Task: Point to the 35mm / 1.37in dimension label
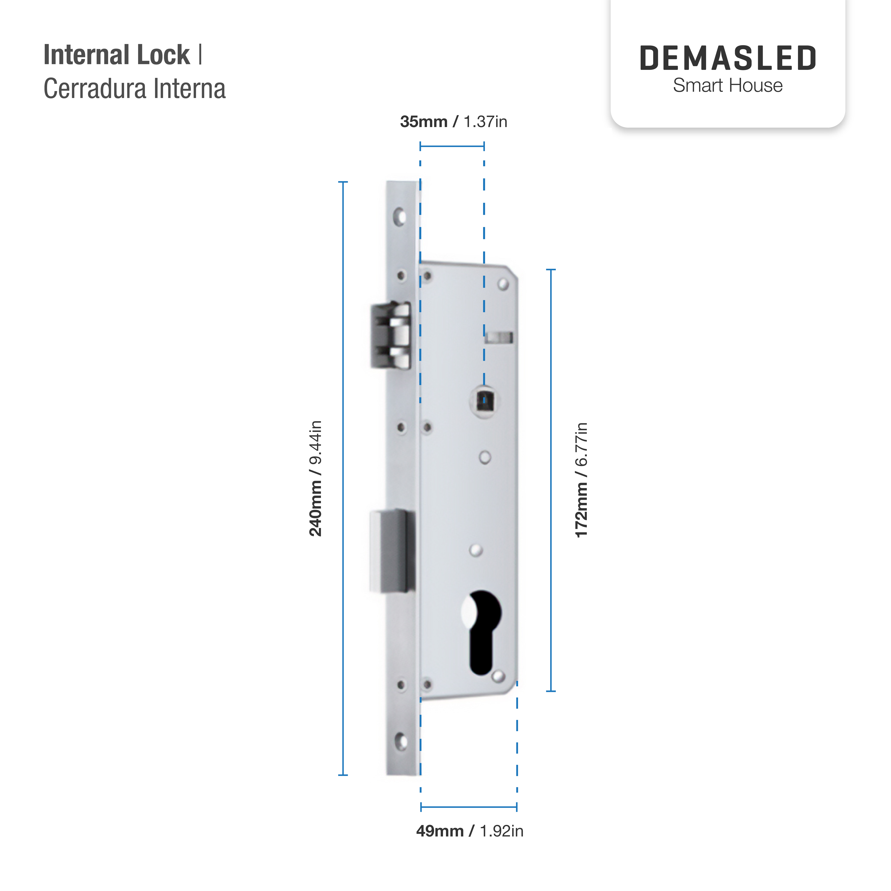tap(453, 122)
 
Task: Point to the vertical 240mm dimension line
tap(343, 478)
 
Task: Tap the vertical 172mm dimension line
tap(551, 480)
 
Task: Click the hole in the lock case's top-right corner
tap(503, 284)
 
